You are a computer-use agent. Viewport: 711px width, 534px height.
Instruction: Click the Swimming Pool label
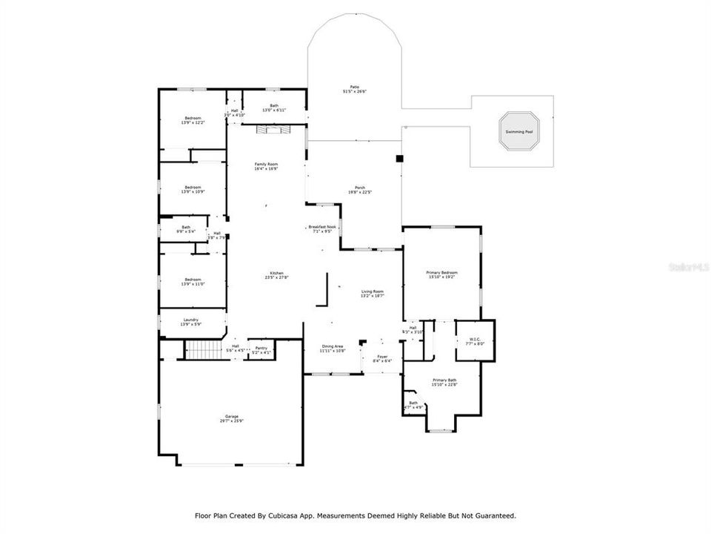point(518,131)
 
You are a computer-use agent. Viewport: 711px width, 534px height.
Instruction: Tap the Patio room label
point(355,87)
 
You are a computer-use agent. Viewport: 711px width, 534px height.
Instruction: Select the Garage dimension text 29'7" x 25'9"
point(231,421)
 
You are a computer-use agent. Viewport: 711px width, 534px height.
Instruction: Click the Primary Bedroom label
point(441,272)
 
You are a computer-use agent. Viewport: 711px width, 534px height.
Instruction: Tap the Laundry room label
point(191,320)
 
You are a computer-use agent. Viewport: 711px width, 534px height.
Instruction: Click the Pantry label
point(261,347)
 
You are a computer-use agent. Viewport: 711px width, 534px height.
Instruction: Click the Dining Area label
point(332,346)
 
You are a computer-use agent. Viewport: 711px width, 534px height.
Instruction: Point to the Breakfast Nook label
point(322,226)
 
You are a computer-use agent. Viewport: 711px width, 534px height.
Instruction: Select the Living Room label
point(372,291)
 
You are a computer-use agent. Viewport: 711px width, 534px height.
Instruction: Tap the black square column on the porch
point(399,158)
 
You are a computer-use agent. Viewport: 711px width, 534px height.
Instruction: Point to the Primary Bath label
point(444,380)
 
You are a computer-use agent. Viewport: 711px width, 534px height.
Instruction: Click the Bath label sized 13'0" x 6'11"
point(274,105)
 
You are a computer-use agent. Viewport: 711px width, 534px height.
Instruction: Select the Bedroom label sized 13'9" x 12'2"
point(193,118)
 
